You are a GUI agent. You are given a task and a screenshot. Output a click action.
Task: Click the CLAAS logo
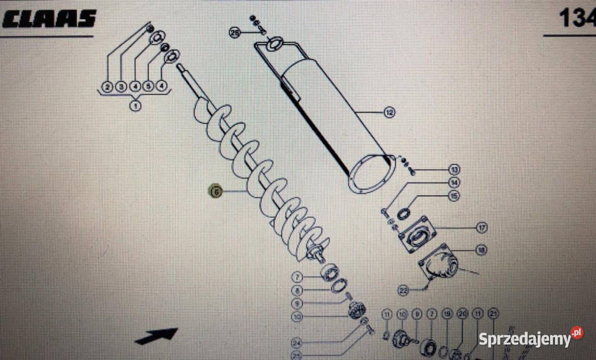[50, 19]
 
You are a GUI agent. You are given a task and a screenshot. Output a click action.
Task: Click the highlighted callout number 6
[215, 191]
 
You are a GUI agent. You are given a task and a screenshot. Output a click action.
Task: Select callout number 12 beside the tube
[389, 113]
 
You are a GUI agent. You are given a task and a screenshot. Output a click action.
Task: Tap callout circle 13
[454, 170]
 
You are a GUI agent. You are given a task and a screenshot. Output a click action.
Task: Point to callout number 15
[454, 196]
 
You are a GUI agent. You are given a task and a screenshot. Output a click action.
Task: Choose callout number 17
[482, 227]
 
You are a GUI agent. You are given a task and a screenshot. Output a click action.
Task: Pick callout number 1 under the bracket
[135, 106]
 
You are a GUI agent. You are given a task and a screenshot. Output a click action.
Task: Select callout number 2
[107, 86]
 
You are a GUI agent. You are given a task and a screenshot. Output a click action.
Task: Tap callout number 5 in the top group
[148, 86]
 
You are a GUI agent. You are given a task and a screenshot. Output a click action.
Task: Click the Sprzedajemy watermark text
[525, 340]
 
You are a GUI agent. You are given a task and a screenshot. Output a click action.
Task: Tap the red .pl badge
[577, 333]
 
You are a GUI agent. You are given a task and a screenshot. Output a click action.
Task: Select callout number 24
[297, 342]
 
